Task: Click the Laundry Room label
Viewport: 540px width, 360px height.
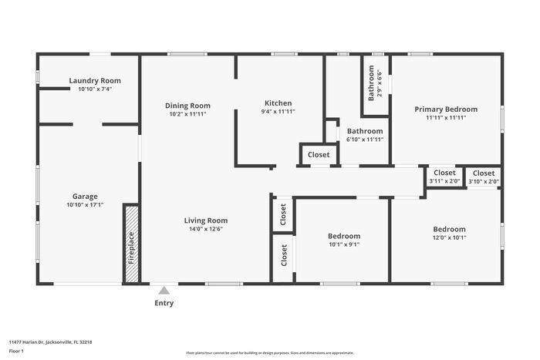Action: pos(95,80)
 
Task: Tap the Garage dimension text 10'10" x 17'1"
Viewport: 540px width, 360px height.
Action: pos(85,205)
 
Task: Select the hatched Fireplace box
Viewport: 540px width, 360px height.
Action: pos(131,244)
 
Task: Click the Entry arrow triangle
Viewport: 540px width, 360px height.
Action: pos(164,291)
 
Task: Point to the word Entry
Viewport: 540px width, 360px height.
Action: pos(164,303)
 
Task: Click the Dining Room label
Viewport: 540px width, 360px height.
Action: pos(188,106)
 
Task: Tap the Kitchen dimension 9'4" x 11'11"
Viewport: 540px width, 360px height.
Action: pos(278,111)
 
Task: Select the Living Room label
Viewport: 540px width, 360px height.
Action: pos(206,220)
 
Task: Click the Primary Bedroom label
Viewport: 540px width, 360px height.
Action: pos(446,109)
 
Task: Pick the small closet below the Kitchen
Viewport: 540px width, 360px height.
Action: pos(319,155)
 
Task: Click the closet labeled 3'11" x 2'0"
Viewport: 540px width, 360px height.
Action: pos(444,177)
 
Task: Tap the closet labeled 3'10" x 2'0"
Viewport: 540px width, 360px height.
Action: pos(484,177)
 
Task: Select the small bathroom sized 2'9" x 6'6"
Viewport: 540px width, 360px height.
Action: pos(375,85)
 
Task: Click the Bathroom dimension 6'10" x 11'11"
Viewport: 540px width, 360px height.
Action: pos(365,140)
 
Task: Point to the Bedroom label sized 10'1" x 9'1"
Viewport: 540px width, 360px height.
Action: pos(343,236)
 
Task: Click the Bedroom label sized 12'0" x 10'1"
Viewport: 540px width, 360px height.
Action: pos(449,229)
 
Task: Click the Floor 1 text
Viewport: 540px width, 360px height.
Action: pos(17,350)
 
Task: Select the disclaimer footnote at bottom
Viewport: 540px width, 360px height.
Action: pos(269,352)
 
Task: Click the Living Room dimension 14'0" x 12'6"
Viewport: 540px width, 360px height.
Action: pos(206,229)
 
